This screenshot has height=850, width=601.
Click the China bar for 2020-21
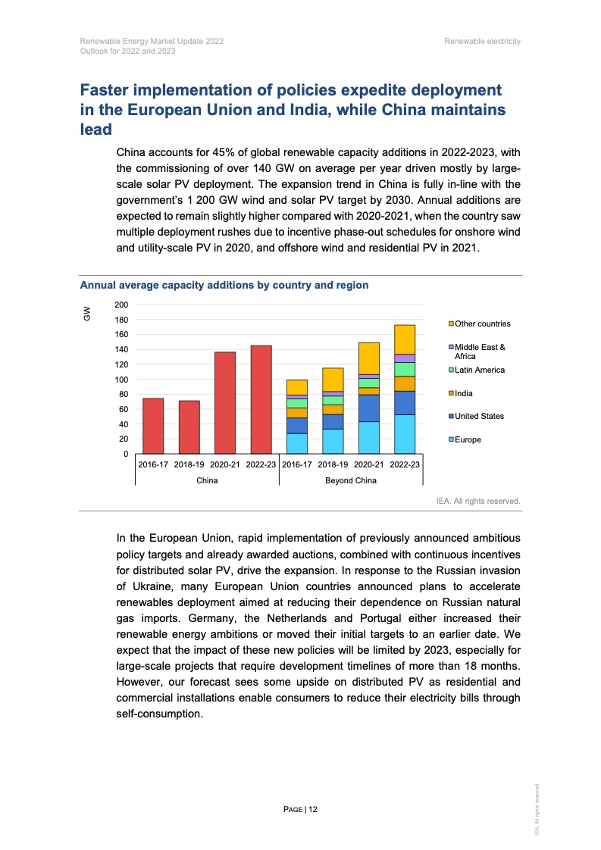(x=224, y=402)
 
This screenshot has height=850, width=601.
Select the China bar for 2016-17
(x=153, y=426)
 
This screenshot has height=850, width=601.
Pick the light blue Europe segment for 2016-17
(x=297, y=443)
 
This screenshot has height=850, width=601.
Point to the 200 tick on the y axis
(x=122, y=305)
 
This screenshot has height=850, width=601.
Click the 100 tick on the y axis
(x=122, y=380)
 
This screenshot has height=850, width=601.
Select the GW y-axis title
(x=87, y=313)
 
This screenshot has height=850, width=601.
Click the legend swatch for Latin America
(x=452, y=370)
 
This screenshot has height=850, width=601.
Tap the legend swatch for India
(x=452, y=393)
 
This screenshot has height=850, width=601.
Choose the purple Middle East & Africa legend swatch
(x=452, y=347)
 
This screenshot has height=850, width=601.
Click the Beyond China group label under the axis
(x=350, y=480)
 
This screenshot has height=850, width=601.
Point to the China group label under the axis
(x=207, y=480)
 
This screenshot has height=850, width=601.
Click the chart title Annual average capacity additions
(x=224, y=286)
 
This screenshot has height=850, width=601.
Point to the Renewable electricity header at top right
(x=483, y=41)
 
